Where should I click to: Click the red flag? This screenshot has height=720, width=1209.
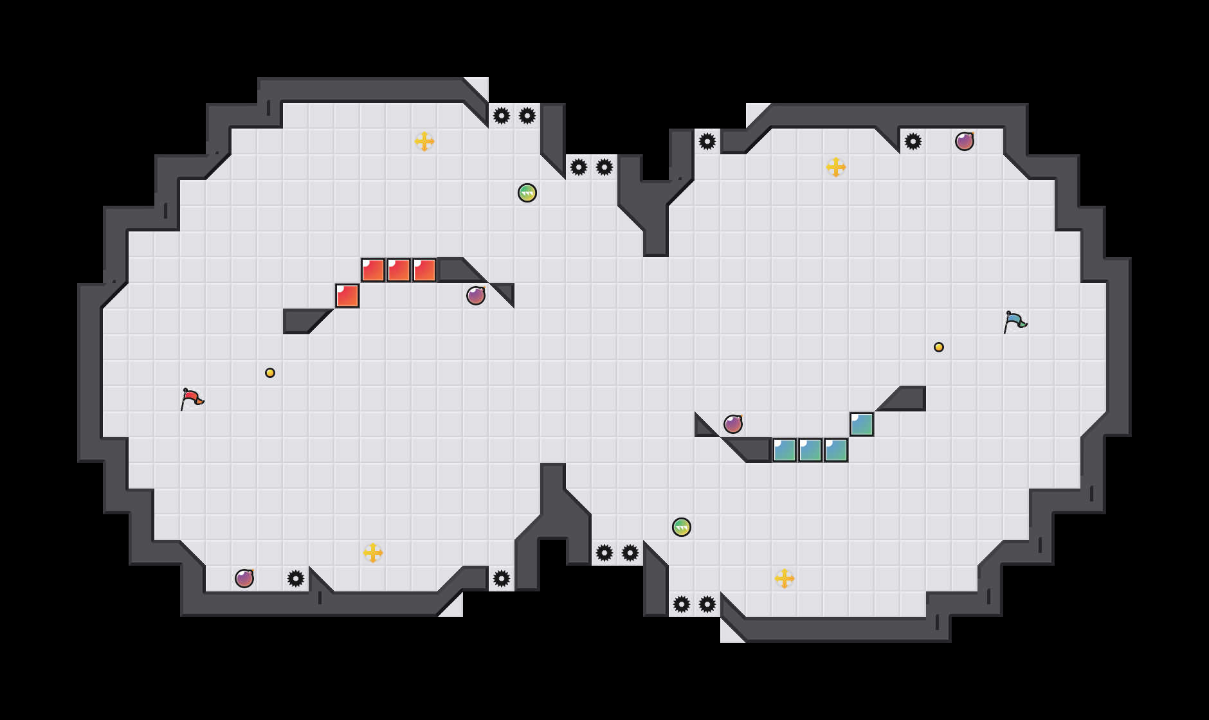[192, 399]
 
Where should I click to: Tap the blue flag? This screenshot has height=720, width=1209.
[1015, 321]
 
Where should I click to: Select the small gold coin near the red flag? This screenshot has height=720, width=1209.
[270, 373]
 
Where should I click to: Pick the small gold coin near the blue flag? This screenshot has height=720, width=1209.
[939, 347]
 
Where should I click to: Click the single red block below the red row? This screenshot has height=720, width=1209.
[347, 296]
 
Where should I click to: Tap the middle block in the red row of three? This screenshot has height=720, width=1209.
[399, 270]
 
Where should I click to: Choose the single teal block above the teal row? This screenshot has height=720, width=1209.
[862, 424]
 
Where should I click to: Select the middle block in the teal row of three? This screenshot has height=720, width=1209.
[810, 450]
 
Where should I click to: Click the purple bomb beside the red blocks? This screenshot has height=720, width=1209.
[476, 296]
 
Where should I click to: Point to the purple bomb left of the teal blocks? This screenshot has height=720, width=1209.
[733, 424]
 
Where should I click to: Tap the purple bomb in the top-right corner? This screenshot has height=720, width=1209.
[965, 141]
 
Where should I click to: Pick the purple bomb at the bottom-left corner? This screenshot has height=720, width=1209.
[244, 579]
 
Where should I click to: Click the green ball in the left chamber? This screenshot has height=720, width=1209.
[527, 193]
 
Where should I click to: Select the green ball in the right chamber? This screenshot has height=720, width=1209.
[682, 527]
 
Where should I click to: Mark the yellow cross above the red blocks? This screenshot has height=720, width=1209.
[424, 141]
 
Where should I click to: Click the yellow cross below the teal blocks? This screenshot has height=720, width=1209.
[785, 579]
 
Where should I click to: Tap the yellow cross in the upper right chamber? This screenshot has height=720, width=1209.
[836, 167]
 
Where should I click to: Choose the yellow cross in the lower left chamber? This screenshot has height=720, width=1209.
[373, 553]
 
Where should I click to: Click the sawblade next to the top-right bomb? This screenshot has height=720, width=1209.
[913, 141]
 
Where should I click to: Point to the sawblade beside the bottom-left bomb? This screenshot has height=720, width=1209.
[296, 579]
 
